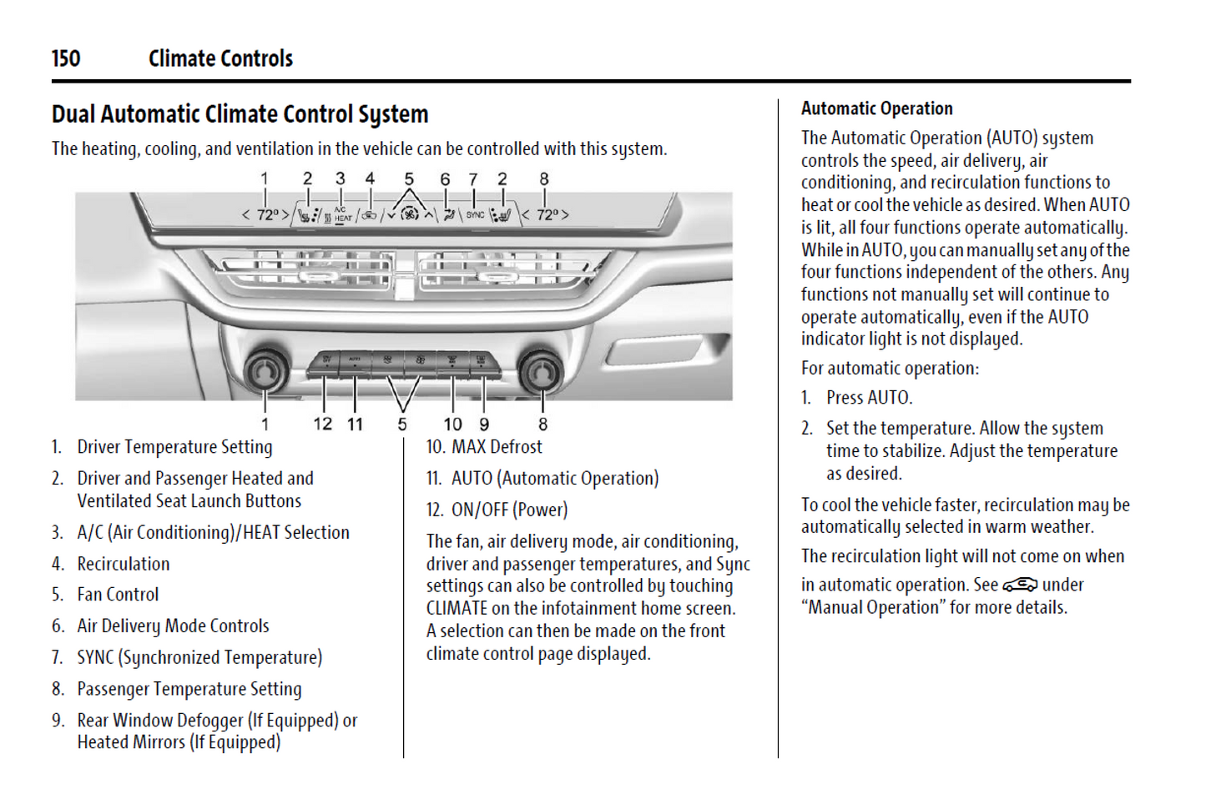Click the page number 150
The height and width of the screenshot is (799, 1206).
[66, 58]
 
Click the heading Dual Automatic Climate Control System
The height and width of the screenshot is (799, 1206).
[240, 114]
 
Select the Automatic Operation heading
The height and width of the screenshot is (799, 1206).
[876, 108]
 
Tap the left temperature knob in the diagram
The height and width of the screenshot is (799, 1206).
[265, 370]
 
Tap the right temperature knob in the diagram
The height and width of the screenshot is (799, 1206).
[540, 370]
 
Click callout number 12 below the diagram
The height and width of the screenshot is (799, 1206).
[322, 424]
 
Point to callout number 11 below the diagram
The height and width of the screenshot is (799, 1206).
[355, 424]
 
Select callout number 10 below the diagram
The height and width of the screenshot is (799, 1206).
[452, 424]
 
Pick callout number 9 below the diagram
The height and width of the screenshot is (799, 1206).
[484, 424]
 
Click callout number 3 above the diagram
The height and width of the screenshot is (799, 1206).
[340, 178]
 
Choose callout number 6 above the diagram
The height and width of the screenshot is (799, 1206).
[445, 178]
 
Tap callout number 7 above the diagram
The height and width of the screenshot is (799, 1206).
[473, 178]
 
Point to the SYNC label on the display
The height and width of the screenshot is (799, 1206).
[475, 215]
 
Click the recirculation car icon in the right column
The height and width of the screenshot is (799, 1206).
[1020, 584]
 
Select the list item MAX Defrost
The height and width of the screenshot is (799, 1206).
[497, 447]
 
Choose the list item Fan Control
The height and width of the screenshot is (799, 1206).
[118, 595]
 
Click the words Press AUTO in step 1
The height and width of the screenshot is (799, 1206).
[869, 398]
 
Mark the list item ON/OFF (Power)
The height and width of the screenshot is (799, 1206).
[509, 510]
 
